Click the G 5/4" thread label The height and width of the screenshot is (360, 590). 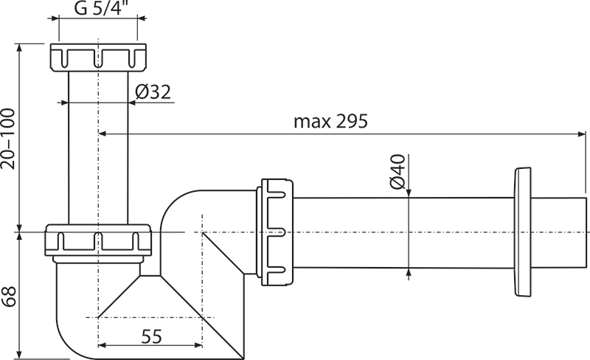(99, 7)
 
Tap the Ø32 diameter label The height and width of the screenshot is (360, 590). (153, 92)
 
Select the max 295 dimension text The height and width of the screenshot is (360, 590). (330, 121)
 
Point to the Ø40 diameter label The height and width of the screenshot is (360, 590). (398, 172)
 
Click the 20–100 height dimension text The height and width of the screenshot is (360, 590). (8, 139)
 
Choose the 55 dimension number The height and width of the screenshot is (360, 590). (151, 336)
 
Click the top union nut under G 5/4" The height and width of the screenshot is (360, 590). (98, 58)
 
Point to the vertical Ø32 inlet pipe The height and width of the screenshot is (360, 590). (98, 148)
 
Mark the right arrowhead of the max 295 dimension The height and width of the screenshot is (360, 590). (582, 134)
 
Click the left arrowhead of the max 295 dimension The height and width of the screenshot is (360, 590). (103, 134)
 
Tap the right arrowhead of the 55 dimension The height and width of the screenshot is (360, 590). (198, 345)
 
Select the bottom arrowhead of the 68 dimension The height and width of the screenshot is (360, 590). (19, 355)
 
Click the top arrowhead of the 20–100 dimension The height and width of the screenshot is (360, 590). (19, 48)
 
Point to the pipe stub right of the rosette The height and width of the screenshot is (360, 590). (559, 232)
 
